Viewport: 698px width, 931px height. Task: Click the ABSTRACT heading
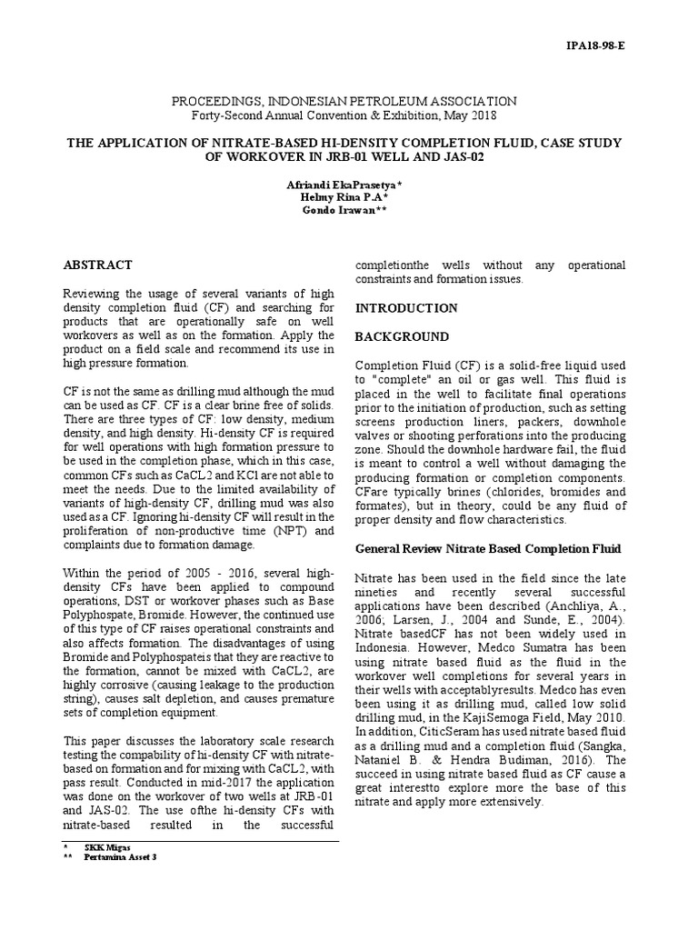(97, 265)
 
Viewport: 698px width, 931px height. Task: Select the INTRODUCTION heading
(405, 308)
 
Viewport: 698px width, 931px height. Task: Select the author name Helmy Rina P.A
(346, 197)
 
